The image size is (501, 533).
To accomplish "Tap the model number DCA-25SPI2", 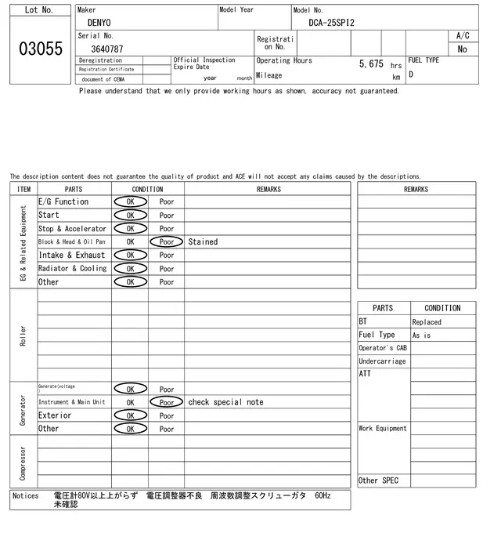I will (332, 23).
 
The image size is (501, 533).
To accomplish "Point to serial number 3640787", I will (107, 49).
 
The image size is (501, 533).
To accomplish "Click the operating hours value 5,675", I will (371, 63).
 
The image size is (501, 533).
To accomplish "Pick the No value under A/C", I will (463, 49).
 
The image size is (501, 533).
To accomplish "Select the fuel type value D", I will (411, 75).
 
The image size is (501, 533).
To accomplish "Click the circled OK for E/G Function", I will (130, 202).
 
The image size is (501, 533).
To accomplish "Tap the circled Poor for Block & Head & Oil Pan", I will (167, 242).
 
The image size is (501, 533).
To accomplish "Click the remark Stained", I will (203, 242).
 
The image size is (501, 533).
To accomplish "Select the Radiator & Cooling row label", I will (73, 269).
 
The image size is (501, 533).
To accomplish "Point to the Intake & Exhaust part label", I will (71, 256).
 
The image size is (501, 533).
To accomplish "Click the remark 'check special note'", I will (225, 402).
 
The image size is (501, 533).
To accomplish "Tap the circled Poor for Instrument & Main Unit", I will (167, 402).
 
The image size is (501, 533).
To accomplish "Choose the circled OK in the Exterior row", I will (130, 415).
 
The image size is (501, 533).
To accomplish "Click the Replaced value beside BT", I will (427, 322).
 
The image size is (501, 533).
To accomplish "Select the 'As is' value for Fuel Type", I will (421, 335).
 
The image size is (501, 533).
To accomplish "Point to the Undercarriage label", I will (382, 361).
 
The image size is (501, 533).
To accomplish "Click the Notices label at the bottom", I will (26, 496).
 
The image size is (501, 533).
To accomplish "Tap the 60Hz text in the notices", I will (323, 496).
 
